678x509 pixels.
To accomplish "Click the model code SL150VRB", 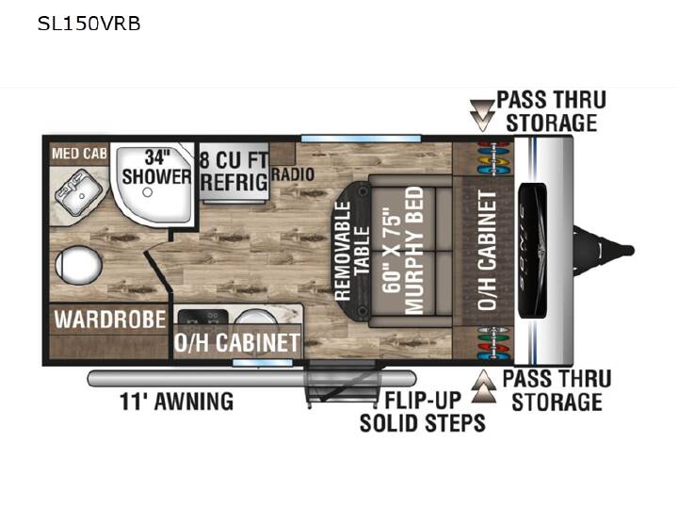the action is (89, 24).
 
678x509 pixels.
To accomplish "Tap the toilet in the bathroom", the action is (78, 265).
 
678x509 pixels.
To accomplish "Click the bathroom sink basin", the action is (78, 191).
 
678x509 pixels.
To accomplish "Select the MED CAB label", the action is (79, 154).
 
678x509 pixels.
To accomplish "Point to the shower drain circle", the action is (148, 191).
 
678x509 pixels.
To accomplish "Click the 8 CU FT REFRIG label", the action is (234, 171).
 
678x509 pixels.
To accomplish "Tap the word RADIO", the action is (293, 174).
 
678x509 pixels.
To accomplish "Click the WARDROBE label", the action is (110, 320).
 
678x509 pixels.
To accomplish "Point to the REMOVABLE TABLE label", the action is (352, 251).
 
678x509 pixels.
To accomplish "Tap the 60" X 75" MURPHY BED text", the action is (403, 250).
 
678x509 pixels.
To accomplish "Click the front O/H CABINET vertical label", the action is (488, 250).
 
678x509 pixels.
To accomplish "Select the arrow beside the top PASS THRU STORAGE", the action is (482, 115).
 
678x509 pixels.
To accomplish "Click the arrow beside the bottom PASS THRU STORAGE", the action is (484, 386).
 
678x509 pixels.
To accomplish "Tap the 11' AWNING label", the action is (176, 402).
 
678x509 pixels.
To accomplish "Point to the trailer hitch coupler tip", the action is (629, 250).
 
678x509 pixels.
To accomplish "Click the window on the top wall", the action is (361, 139).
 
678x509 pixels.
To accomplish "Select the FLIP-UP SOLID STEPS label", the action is (423, 411).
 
